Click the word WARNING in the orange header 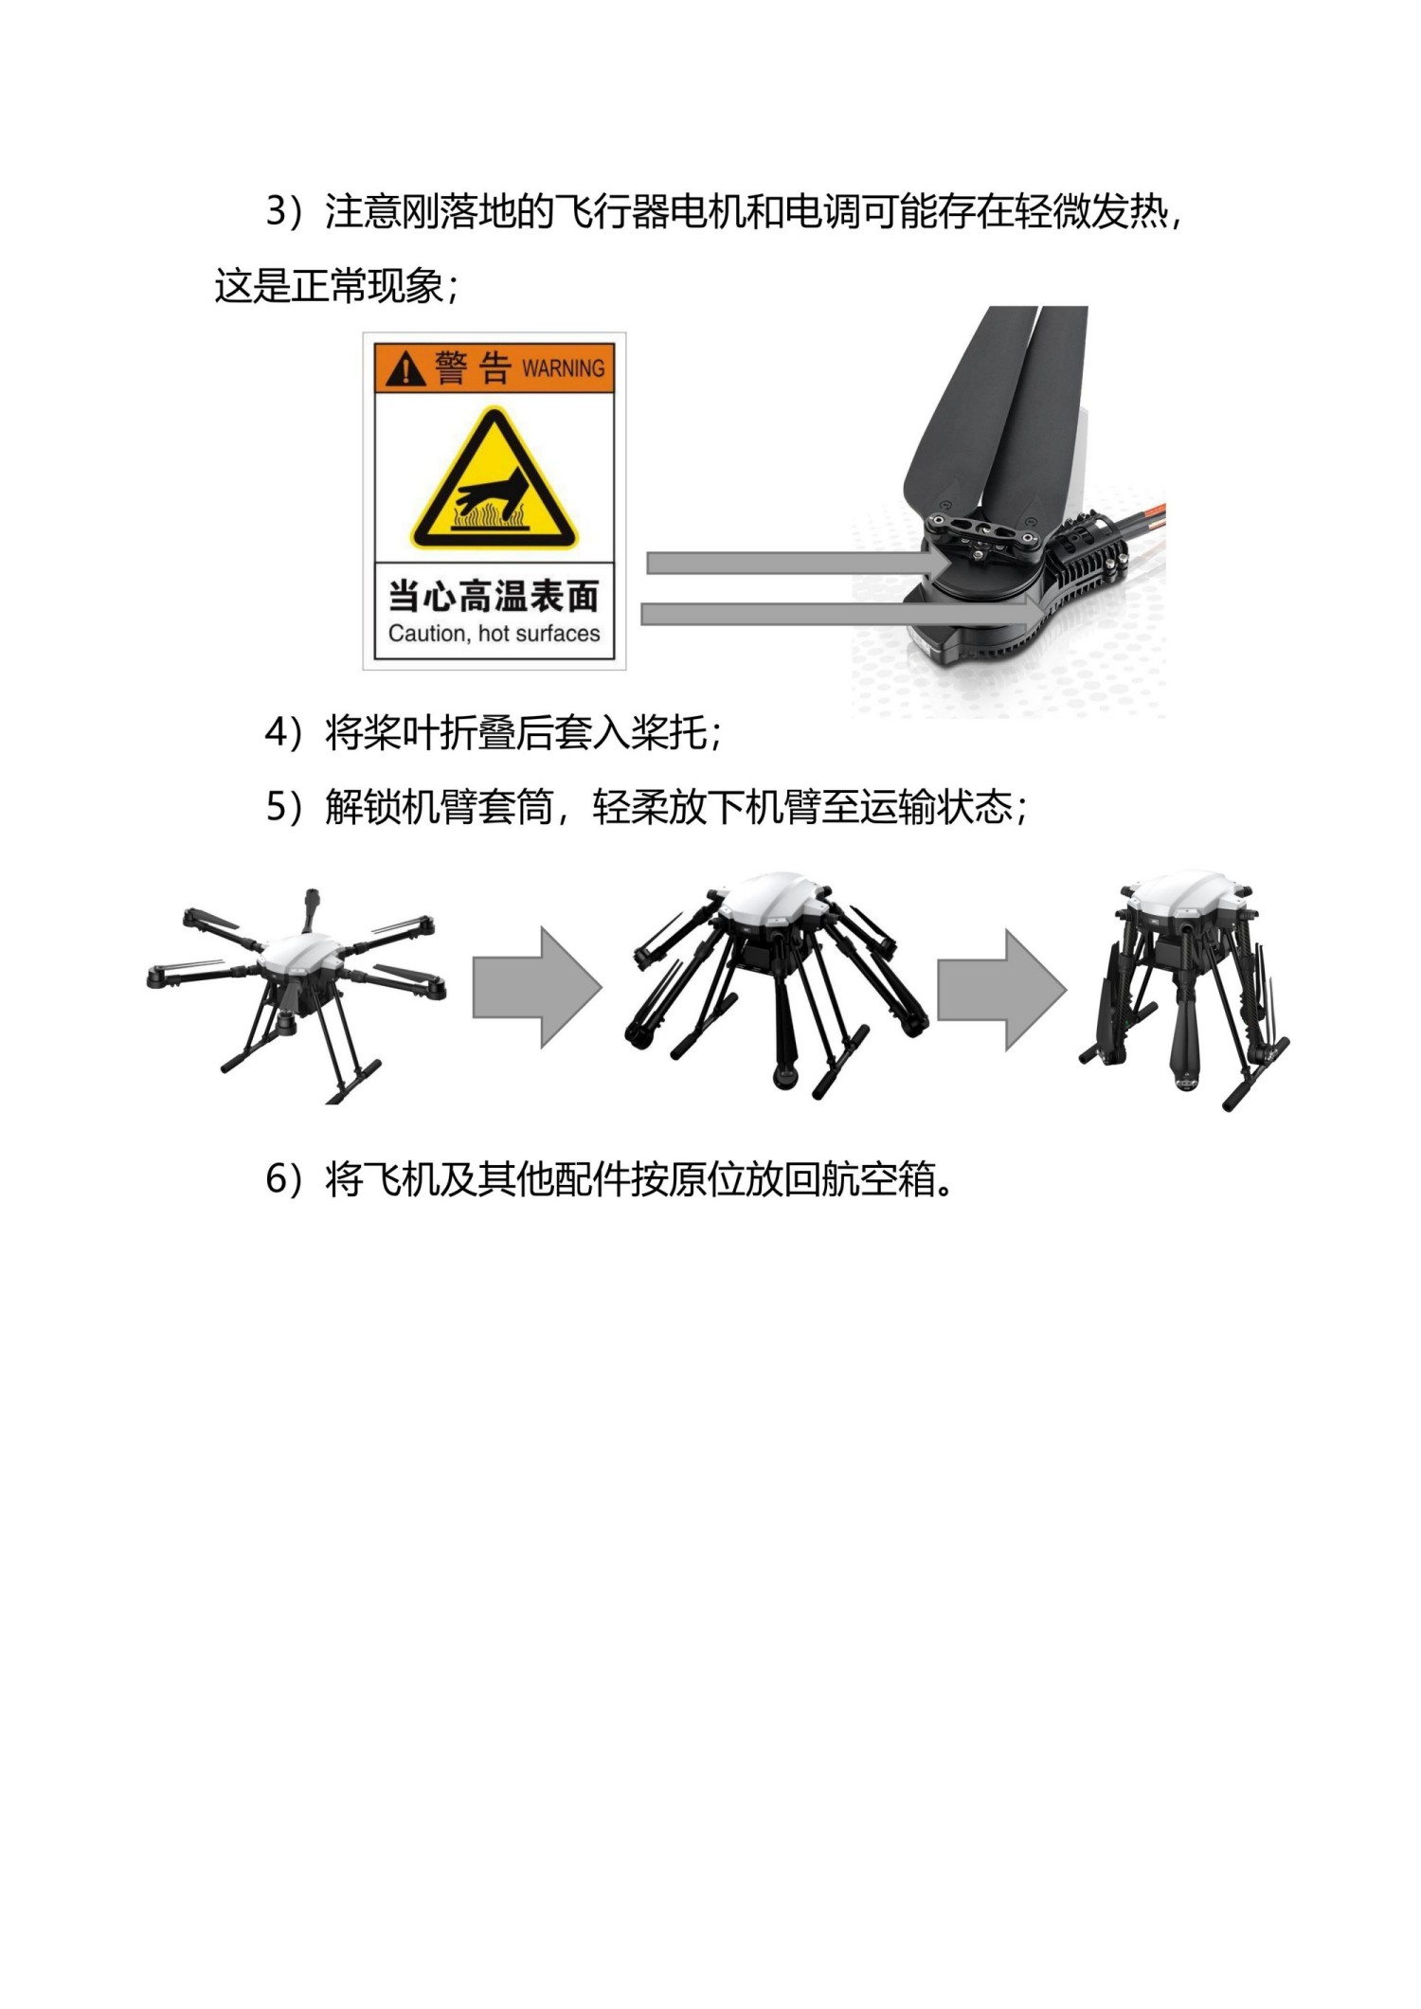(563, 368)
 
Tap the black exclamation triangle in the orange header (405, 368)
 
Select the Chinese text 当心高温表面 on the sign (494, 597)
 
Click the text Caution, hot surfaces (494, 634)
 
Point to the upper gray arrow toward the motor (796, 564)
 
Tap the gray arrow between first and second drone (537, 987)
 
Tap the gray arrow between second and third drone (1001, 989)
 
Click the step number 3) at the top (282, 211)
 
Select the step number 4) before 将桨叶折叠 (282, 733)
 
